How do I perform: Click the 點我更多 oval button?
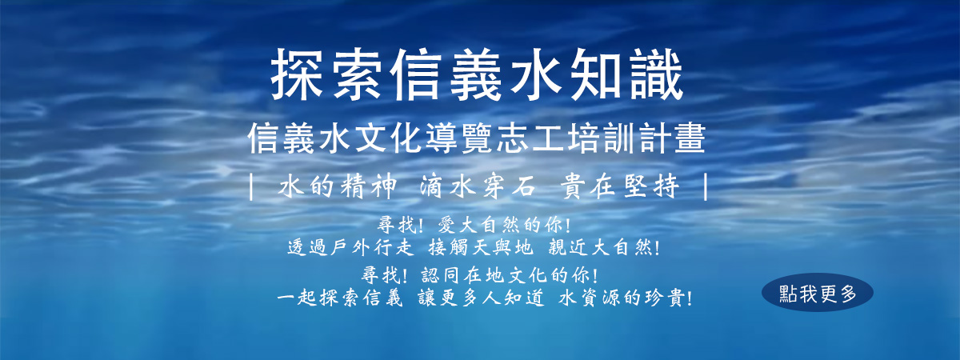tap(818, 292)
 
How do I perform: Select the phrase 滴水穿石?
tap(478, 187)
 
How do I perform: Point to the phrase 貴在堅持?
tap(620, 187)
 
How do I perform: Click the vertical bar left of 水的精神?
tap(251, 187)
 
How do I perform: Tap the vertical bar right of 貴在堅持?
tap(706, 187)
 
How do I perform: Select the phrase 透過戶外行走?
tap(350, 248)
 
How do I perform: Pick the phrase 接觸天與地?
tap(481, 248)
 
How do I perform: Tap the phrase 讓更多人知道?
tap(481, 298)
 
